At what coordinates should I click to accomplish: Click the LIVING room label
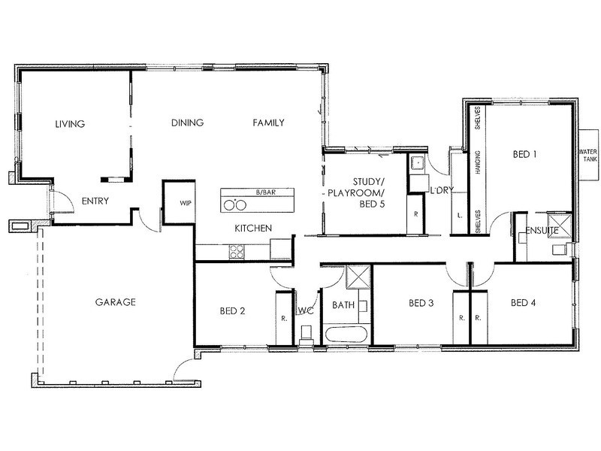pos(69,124)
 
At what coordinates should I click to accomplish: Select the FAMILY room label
pos(268,123)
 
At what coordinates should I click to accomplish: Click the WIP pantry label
pos(186,203)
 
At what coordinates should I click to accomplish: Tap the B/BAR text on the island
pos(263,192)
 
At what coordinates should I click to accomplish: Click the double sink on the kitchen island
pos(234,204)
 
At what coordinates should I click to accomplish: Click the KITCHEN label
pos(252,229)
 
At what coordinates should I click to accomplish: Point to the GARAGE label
pos(115,302)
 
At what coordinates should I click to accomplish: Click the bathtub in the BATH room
pos(346,334)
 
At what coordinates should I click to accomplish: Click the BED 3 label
pos(421,304)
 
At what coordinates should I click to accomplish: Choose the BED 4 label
pos(524,304)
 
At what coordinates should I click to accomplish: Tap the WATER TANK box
pos(587,153)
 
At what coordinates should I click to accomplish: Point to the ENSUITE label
pos(542,230)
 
